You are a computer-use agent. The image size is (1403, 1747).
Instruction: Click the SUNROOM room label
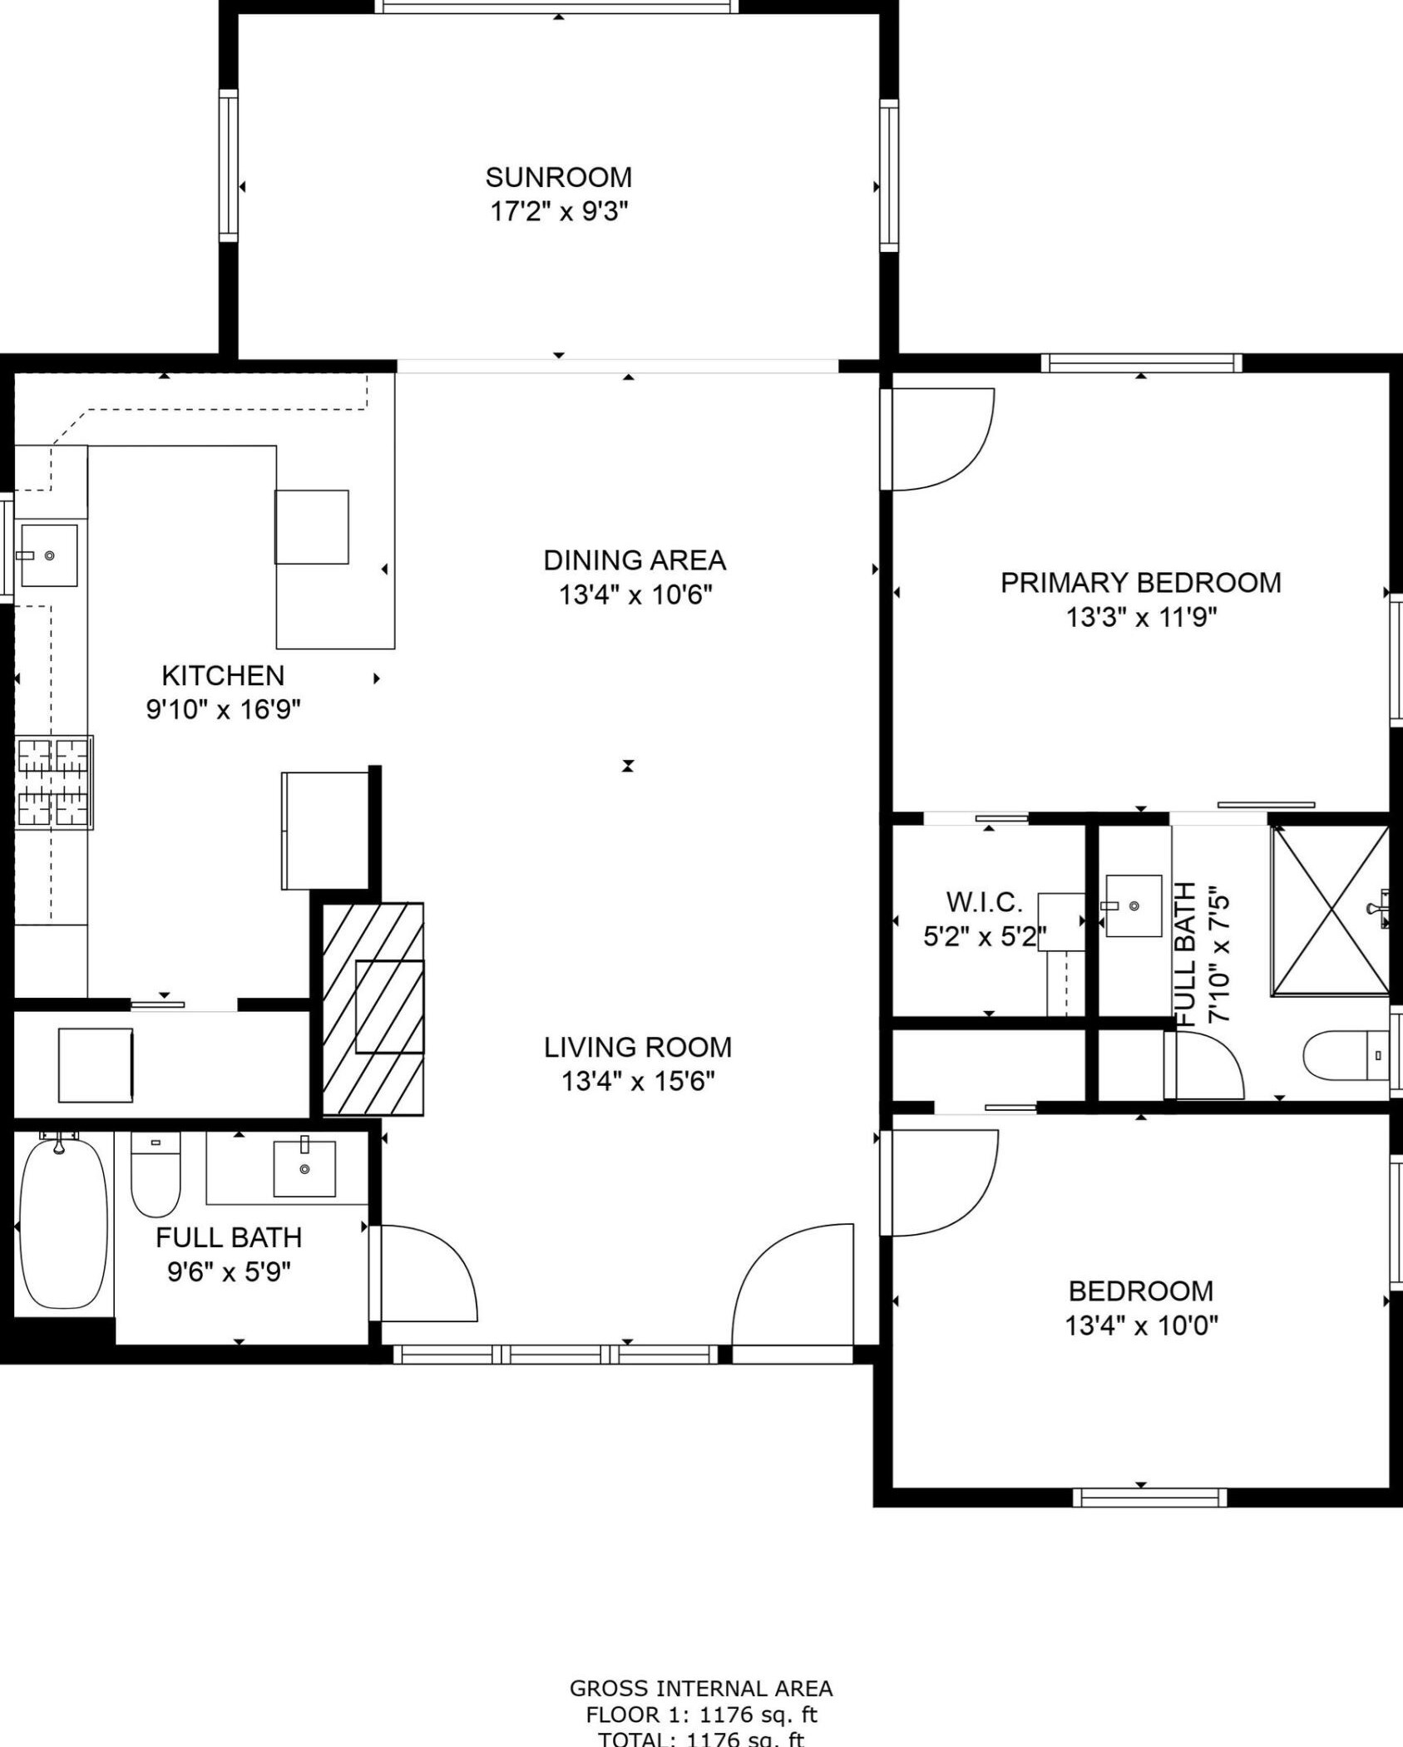point(558,177)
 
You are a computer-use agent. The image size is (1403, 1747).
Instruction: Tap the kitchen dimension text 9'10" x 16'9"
point(223,709)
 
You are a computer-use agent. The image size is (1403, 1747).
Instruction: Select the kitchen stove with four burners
point(54,782)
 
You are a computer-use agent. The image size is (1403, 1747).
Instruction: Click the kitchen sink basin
point(49,555)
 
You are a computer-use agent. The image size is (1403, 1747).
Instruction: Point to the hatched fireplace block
point(373,1008)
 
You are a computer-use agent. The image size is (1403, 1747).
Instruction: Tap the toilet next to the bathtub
point(156,1173)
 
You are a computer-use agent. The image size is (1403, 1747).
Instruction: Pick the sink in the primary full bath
point(1134,906)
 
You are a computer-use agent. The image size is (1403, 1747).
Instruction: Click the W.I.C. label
point(984,902)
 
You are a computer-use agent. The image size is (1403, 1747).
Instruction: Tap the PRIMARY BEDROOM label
point(1140,583)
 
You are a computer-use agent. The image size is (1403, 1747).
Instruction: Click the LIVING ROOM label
point(638,1047)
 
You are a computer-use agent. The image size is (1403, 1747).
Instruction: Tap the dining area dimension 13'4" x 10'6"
point(635,595)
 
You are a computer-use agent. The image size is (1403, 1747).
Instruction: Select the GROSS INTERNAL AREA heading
point(700,1688)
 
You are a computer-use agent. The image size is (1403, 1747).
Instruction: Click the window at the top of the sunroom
point(557,7)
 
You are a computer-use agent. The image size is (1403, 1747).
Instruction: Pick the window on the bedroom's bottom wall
point(1149,1498)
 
